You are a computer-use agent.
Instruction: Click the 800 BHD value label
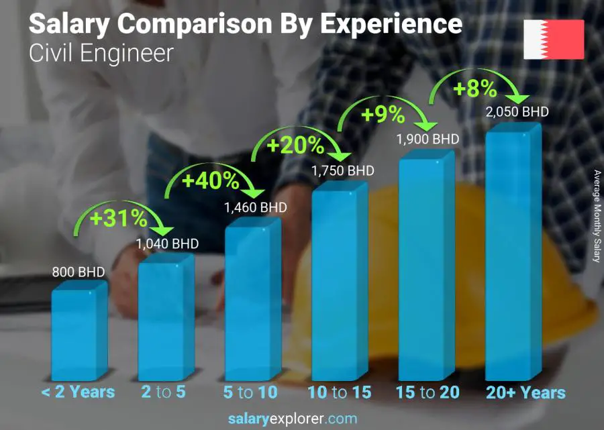coord(79,272)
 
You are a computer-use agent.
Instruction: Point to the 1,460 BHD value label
coord(255,207)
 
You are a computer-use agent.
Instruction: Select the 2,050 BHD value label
coord(516,111)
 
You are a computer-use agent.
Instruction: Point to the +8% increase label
coord(474,88)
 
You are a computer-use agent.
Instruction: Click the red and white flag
coord(554,40)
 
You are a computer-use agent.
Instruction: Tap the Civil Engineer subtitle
coord(101,54)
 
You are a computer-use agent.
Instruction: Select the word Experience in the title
coord(390,24)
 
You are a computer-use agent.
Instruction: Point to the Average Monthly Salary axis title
coord(597,216)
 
